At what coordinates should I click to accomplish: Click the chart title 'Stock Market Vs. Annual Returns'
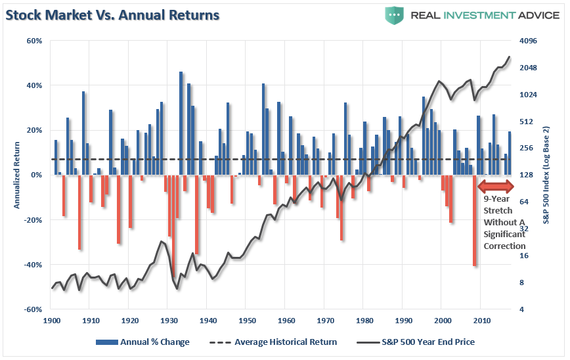pyautogui.click(x=113, y=14)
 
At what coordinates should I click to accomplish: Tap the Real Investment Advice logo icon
pyautogui.click(x=394, y=15)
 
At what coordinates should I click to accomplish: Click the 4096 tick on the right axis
pyautogui.click(x=529, y=41)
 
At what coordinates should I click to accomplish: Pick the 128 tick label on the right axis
pyautogui.click(x=527, y=175)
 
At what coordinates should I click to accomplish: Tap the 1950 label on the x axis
pyautogui.click(x=247, y=320)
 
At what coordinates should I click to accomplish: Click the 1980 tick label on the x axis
pyautogui.click(x=364, y=320)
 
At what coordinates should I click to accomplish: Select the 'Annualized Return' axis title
pyautogui.click(x=16, y=175)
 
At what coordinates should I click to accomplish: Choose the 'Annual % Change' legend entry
pyautogui.click(x=142, y=342)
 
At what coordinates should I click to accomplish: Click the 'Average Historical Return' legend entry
pyautogui.click(x=273, y=342)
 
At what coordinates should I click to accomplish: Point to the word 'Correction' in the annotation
pyautogui.click(x=504, y=246)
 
